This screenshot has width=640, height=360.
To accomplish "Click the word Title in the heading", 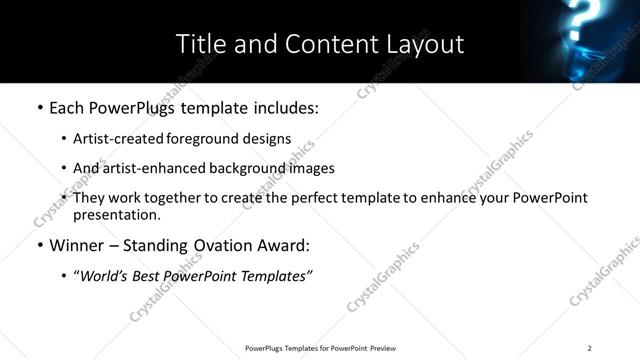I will point(200,44).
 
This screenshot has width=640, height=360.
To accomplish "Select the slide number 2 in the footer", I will point(590,348).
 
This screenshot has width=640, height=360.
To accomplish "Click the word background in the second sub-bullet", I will point(231,168).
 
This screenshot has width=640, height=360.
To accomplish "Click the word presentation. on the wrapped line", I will point(116,214).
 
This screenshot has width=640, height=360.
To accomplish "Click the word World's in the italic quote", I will point(104,276).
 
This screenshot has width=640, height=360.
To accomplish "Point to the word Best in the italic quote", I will point(147,276).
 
